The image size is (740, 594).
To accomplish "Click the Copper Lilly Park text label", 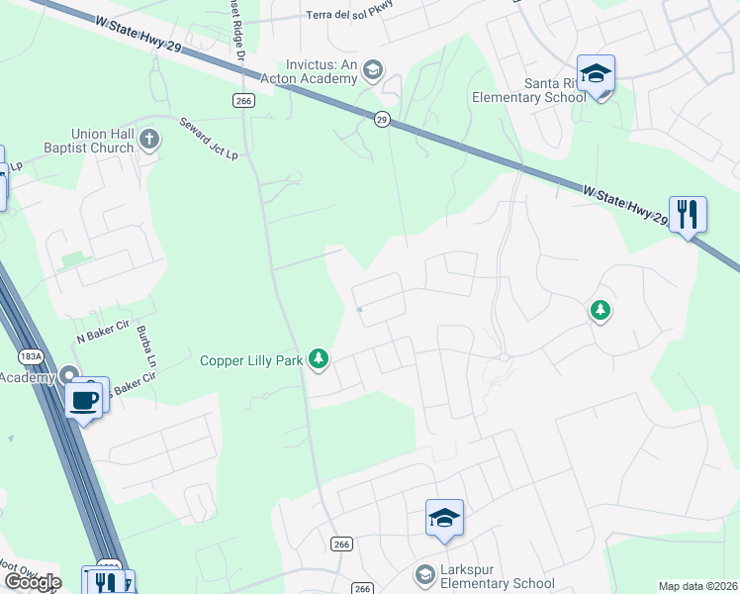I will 251,361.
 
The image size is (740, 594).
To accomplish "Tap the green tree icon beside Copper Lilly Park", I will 318,358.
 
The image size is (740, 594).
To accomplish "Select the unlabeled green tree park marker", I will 600,311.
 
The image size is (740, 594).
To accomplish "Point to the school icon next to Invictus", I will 373,69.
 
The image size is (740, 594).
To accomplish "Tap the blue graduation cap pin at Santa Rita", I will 596,74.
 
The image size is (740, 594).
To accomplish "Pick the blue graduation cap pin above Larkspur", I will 444,518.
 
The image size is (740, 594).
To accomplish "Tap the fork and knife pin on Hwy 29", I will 688,214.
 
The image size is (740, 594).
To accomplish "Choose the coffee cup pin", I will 83,400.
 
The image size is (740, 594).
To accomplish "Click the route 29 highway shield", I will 382,119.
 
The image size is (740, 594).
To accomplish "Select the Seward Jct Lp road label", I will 209,139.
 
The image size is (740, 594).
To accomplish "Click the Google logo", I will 33,581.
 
